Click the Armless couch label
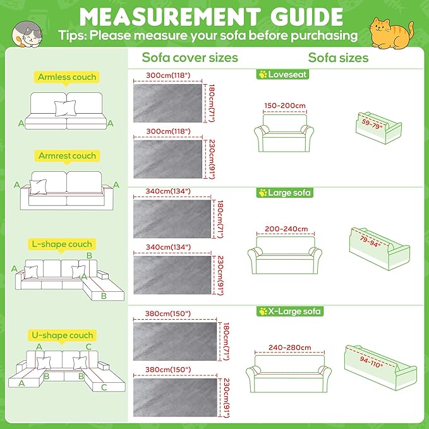(x=67, y=77)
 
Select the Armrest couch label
(x=66, y=155)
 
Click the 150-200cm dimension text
(x=284, y=106)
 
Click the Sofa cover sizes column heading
(x=190, y=57)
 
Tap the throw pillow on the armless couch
(x=64, y=109)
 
